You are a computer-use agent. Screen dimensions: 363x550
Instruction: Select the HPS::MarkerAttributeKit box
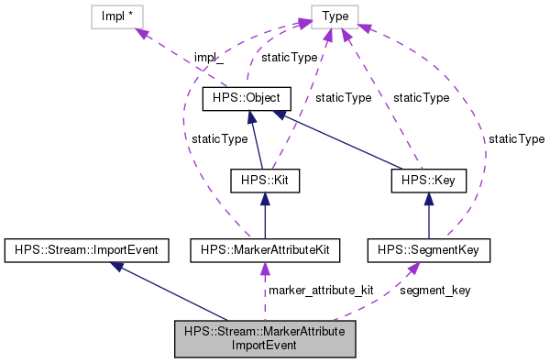point(264,249)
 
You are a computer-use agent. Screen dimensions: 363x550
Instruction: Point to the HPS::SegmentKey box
point(429,249)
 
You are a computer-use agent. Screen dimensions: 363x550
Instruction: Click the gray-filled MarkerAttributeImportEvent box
point(264,339)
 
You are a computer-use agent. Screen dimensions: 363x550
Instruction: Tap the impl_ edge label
point(208,58)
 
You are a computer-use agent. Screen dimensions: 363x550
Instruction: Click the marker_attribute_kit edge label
point(321,290)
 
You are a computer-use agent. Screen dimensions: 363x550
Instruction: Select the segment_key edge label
point(434,290)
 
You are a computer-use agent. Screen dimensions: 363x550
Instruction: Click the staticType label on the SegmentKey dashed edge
point(516,139)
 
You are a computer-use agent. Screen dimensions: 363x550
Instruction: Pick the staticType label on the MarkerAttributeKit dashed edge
point(220,139)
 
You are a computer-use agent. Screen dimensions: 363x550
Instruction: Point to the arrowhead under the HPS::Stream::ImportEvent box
point(117,266)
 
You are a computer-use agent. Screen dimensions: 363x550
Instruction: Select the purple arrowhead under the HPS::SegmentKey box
point(415,267)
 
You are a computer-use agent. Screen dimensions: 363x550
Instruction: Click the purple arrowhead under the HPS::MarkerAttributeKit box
point(264,268)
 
